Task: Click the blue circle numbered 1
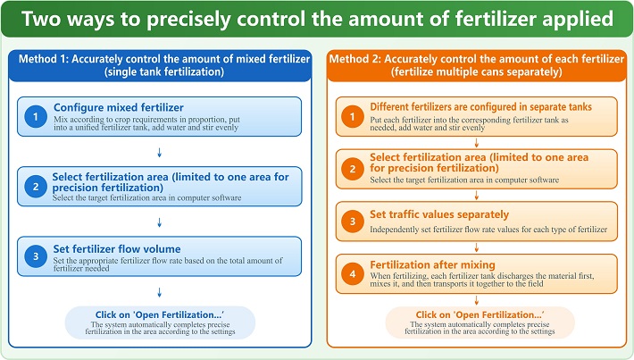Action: (x=36, y=116)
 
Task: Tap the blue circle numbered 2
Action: (x=36, y=187)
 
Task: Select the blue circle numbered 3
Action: (x=36, y=256)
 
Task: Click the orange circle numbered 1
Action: (x=353, y=116)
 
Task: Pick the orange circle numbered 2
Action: (x=353, y=169)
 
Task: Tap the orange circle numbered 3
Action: (x=353, y=222)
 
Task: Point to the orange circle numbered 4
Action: (x=353, y=274)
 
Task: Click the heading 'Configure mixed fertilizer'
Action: (x=119, y=107)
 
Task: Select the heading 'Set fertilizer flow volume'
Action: (x=117, y=249)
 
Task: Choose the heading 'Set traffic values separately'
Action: (x=439, y=214)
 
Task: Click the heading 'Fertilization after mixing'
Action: (x=432, y=265)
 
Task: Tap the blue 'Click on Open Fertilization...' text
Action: (x=160, y=314)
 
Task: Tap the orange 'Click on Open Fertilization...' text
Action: (x=480, y=314)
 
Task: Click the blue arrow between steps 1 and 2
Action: (x=159, y=153)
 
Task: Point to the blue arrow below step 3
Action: (x=159, y=292)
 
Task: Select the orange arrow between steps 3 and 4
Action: (x=476, y=247)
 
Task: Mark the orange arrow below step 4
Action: (x=476, y=300)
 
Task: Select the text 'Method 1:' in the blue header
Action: (x=44, y=59)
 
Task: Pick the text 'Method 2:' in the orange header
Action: (x=355, y=59)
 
